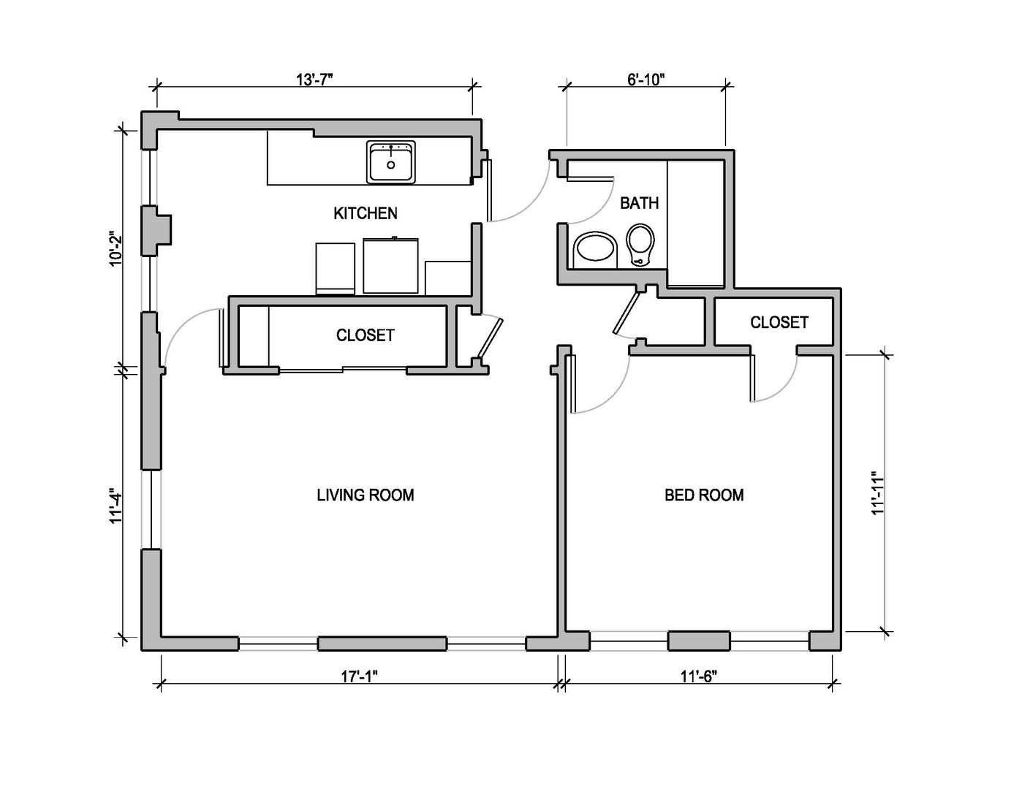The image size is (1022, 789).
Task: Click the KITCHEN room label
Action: tap(366, 213)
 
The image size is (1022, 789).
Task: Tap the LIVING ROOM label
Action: tap(365, 495)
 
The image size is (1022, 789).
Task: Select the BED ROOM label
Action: tap(704, 495)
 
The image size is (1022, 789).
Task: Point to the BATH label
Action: tap(639, 203)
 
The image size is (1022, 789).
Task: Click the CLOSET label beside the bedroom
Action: tap(779, 322)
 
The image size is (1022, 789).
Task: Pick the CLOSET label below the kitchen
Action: tap(365, 335)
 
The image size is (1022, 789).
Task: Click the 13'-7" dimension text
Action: tap(315, 80)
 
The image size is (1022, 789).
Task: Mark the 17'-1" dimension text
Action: tap(359, 676)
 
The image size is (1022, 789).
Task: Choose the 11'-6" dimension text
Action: tap(698, 676)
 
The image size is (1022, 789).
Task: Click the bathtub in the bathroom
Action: tap(695, 223)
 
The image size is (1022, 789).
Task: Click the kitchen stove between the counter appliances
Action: tap(391, 265)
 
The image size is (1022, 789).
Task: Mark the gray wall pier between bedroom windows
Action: tap(699, 641)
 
